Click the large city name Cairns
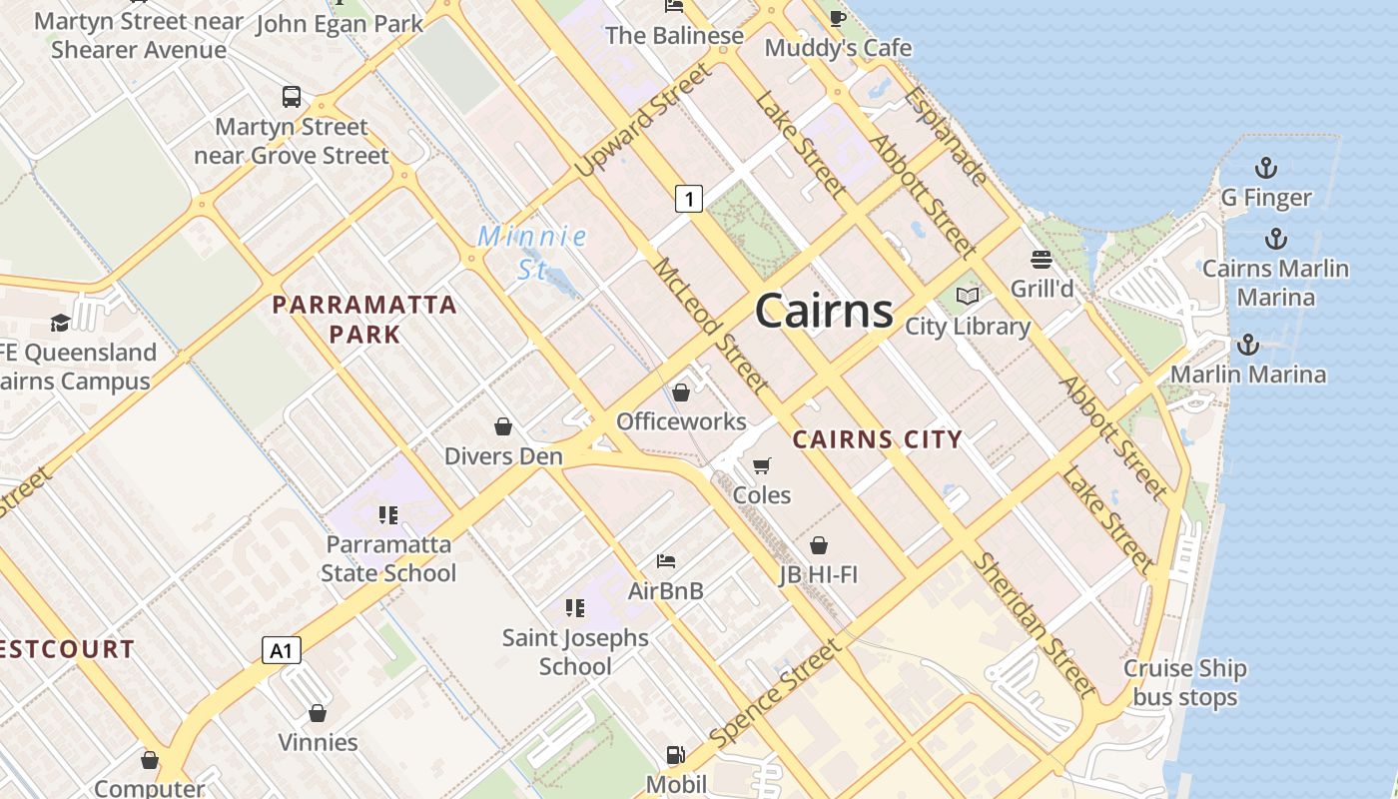click(x=824, y=311)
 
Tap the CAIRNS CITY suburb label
click(x=877, y=439)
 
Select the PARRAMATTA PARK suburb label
click(x=364, y=320)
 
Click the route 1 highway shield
click(x=688, y=199)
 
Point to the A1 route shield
click(x=282, y=651)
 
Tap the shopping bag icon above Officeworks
click(x=681, y=393)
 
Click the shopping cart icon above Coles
click(x=762, y=465)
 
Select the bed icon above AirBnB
click(x=666, y=561)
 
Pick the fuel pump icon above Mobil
click(x=676, y=755)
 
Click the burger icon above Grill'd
click(x=1042, y=260)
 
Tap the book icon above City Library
click(x=968, y=297)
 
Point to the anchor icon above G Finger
click(x=1266, y=168)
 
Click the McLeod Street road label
click(x=711, y=325)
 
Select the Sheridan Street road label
click(x=1034, y=624)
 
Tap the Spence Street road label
click(x=776, y=694)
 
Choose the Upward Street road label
click(x=645, y=120)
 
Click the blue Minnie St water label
click(x=532, y=253)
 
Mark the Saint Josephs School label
click(x=575, y=651)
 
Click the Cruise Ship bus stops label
click(x=1185, y=683)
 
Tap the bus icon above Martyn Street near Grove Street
click(x=292, y=97)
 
